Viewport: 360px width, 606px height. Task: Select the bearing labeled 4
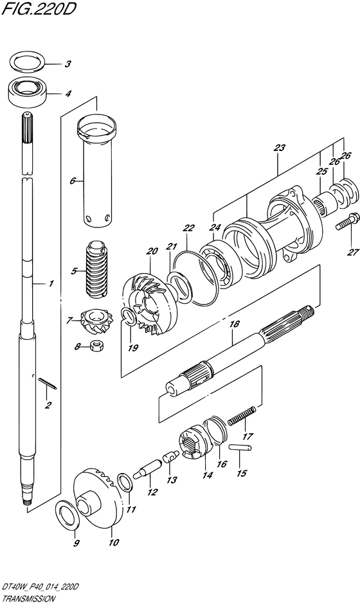pos(27,92)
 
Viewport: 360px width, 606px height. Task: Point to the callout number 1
pos(51,284)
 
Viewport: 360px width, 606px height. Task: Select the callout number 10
pos(113,543)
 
